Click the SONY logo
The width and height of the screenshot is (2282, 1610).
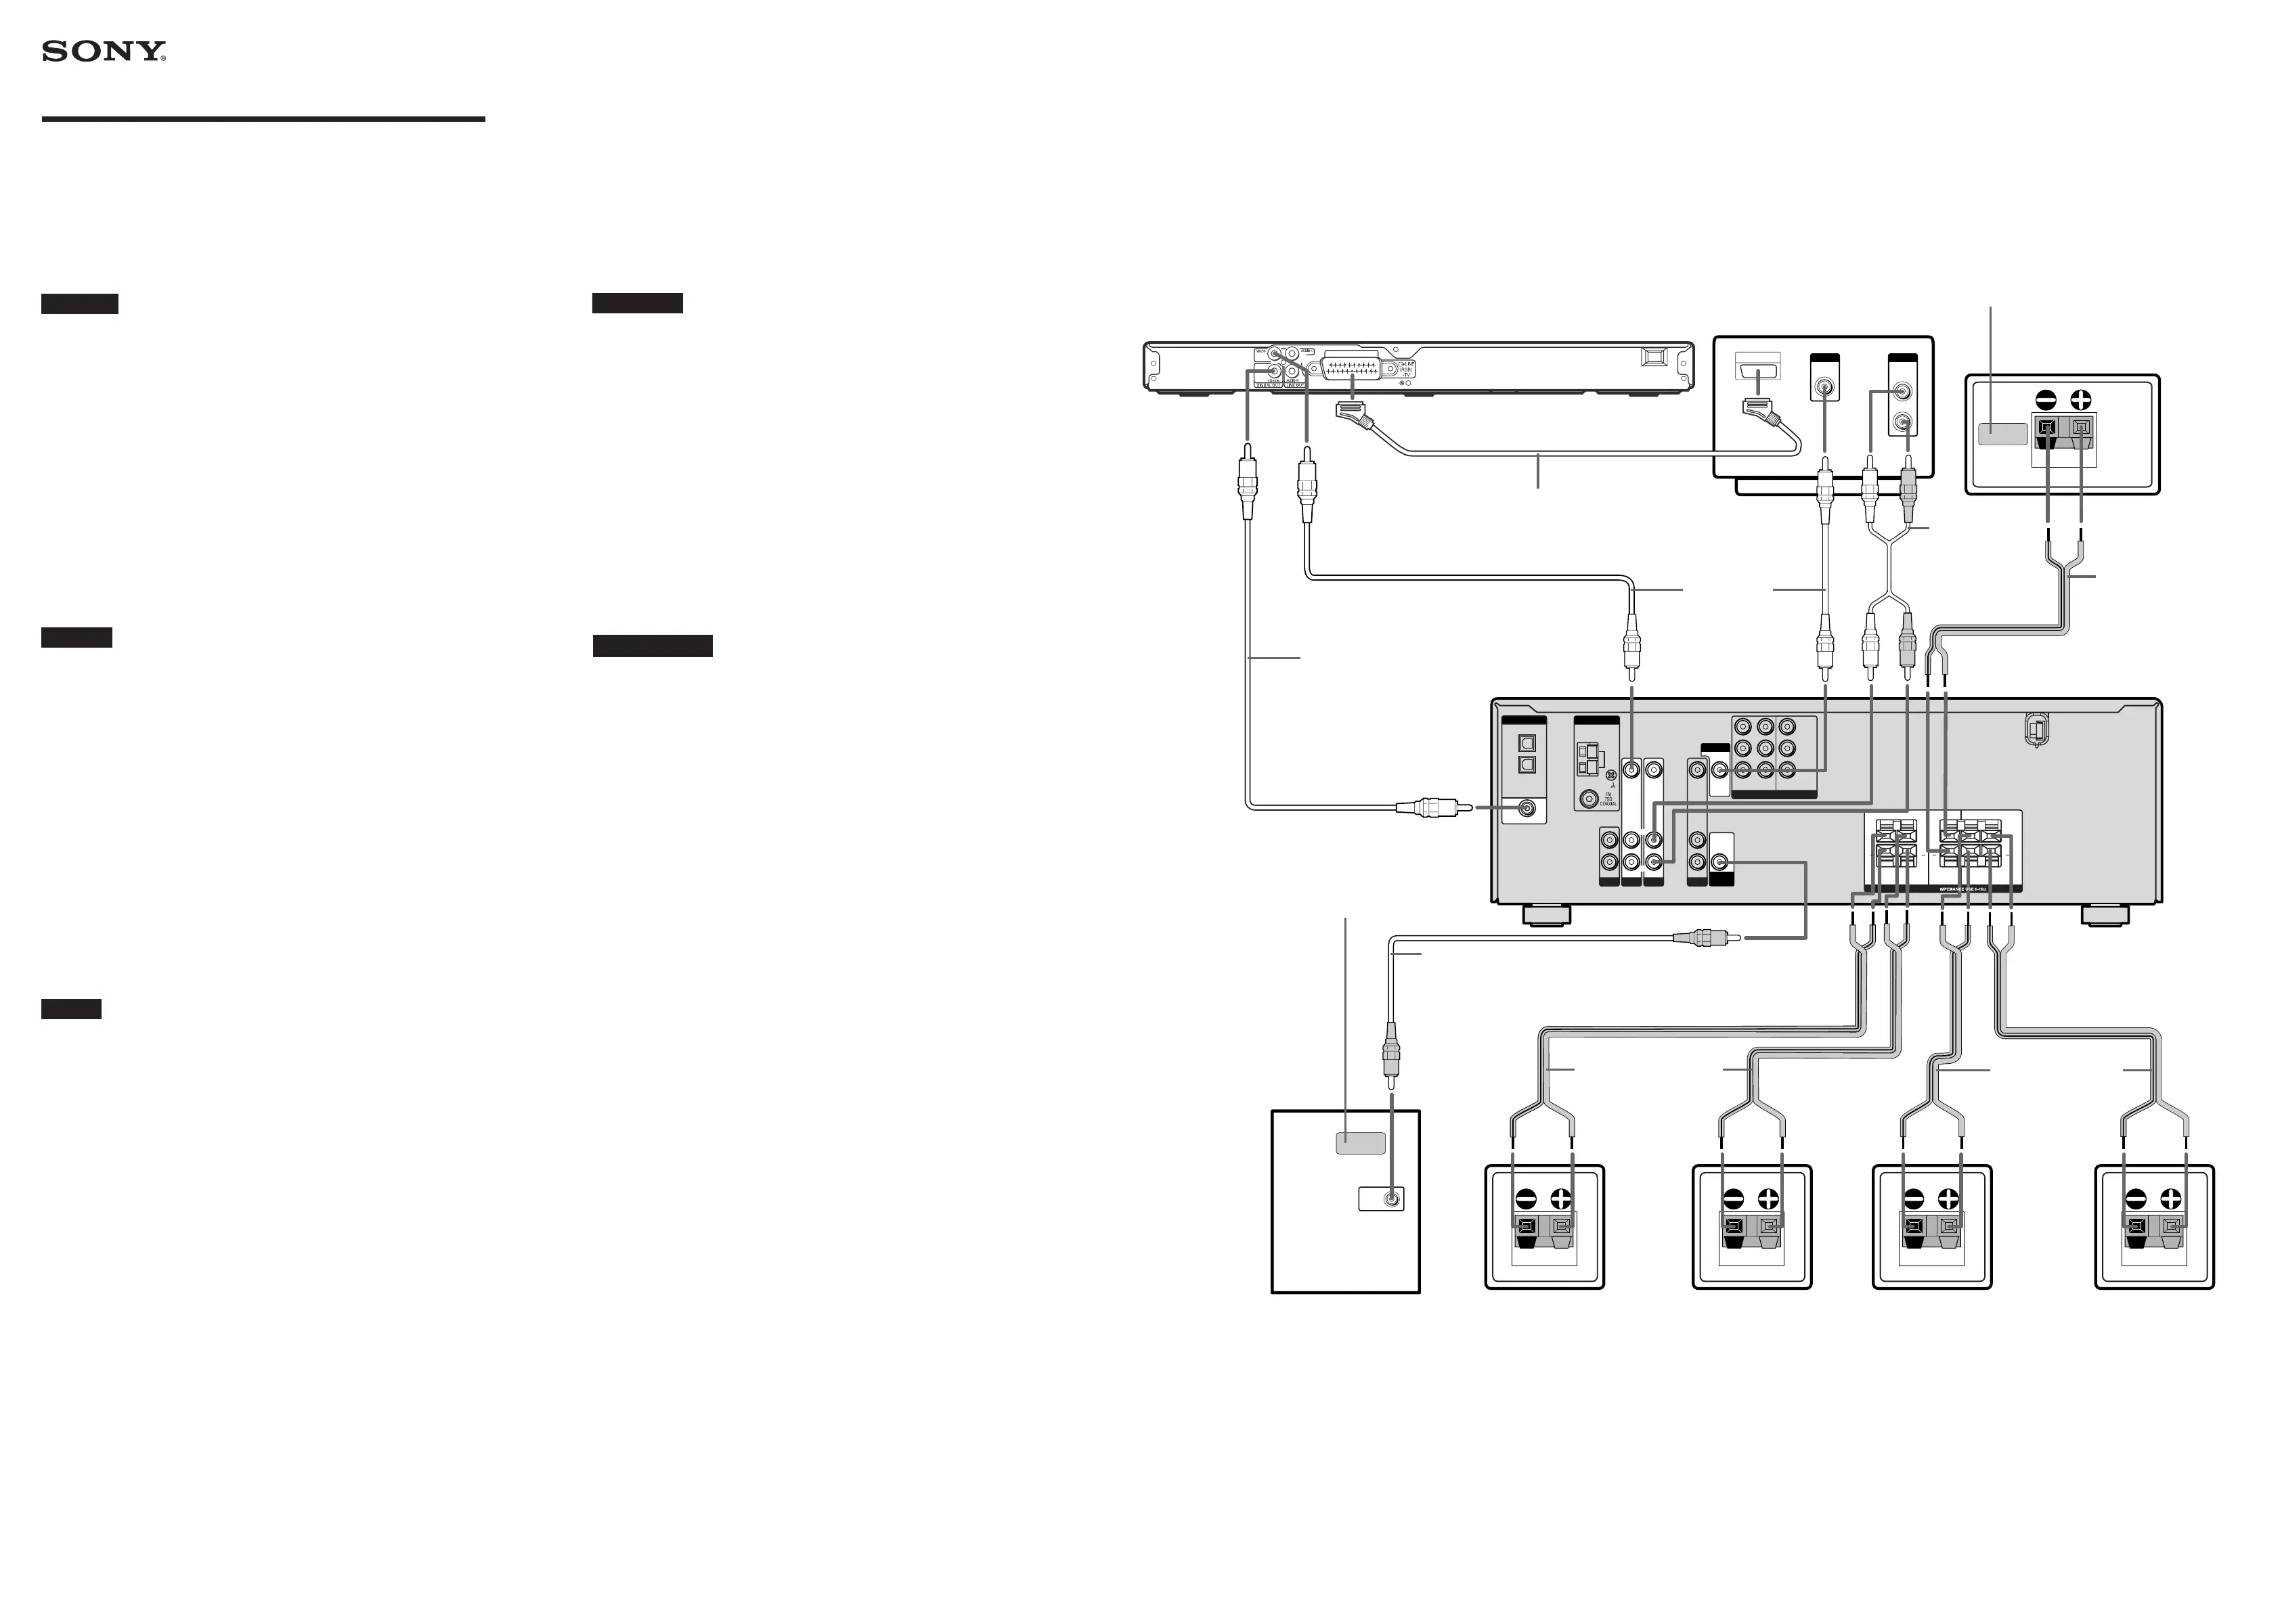point(104,51)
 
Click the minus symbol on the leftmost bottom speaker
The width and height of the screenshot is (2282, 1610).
point(1527,1199)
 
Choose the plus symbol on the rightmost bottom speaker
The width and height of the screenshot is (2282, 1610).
point(2170,1199)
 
